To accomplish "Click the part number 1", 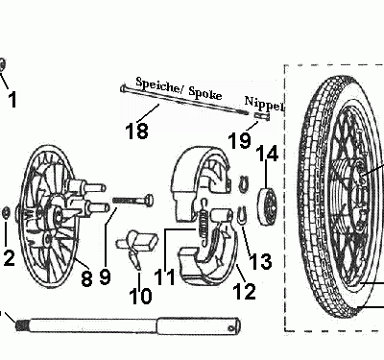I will tap(12, 99).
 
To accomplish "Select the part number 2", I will tap(9, 256).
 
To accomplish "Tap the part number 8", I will tap(84, 279).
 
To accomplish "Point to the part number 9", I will tap(106, 276).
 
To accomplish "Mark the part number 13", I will tap(260, 261).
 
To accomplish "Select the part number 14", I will tap(268, 153).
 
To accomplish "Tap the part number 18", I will tap(138, 130).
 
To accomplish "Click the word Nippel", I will tap(264, 103).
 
